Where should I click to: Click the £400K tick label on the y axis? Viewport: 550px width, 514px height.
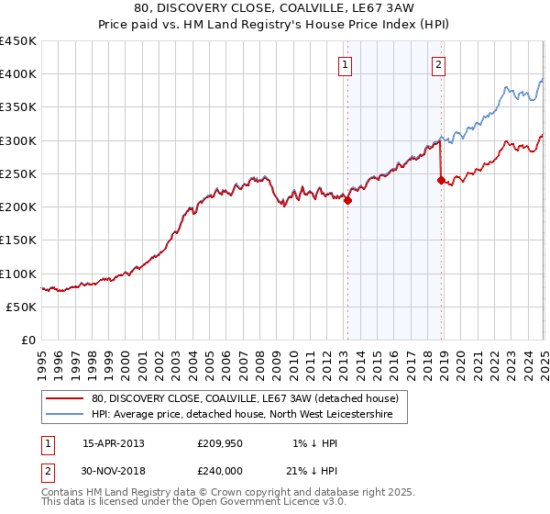[18, 74]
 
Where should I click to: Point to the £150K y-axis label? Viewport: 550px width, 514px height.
[18, 240]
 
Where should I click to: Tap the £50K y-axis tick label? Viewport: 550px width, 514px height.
[22, 307]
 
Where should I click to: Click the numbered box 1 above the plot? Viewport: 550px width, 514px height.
[346, 64]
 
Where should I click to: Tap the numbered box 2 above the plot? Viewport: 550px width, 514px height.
[439, 64]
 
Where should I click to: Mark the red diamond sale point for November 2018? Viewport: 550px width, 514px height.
[442, 181]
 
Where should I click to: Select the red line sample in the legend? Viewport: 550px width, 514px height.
[67, 399]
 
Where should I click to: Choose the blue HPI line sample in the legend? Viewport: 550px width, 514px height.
[67, 414]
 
